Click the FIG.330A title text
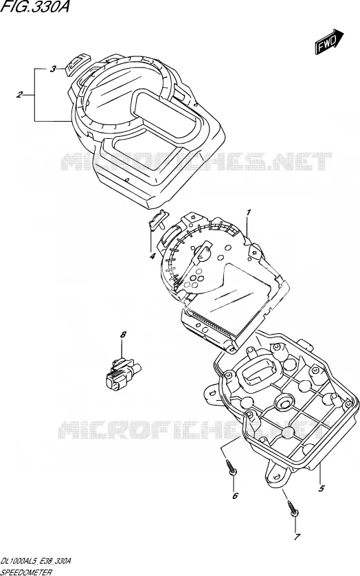[x=35, y=7]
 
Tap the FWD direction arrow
[x=329, y=42]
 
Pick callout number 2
[x=19, y=95]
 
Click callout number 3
[x=53, y=69]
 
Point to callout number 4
[x=152, y=256]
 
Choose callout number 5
[x=322, y=488]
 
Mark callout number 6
[x=235, y=496]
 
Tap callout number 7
[x=297, y=537]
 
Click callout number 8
[x=123, y=335]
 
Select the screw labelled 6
[x=232, y=467]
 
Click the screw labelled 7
[x=293, y=508]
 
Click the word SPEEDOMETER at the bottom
[x=26, y=572]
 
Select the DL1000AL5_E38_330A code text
[x=36, y=561]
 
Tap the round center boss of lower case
[x=284, y=402]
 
